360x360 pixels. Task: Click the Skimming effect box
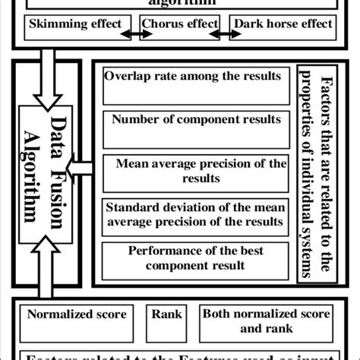pyautogui.click(x=74, y=24)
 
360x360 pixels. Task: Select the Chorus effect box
pyautogui.click(x=179, y=24)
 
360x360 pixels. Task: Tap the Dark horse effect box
pyautogui.click(x=283, y=24)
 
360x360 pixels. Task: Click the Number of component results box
pyautogui.click(x=195, y=126)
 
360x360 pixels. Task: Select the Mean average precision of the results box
pyautogui.click(x=195, y=171)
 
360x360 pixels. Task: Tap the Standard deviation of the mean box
pyautogui.click(x=195, y=214)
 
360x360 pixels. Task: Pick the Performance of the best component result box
pyautogui.click(x=195, y=258)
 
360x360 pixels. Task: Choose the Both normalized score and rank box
pyautogui.click(x=265, y=321)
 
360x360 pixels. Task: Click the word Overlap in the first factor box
pyautogui.click(x=129, y=76)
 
